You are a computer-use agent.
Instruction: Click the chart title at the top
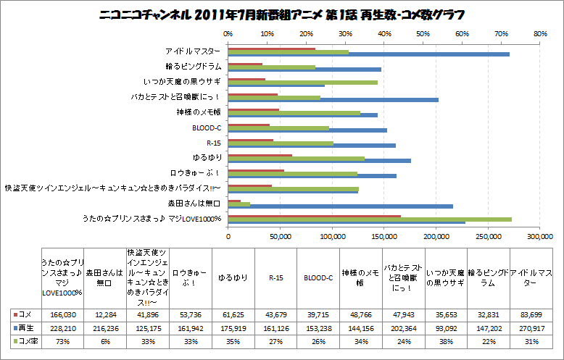click(281, 14)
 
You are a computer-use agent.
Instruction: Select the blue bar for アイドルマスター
click(368, 54)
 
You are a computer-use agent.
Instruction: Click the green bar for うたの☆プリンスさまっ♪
click(370, 219)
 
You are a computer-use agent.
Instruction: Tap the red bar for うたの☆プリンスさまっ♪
click(314, 215)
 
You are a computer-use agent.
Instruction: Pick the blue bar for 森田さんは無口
click(341, 206)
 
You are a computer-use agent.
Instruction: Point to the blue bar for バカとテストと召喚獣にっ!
click(333, 100)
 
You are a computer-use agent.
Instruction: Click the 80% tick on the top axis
click(539, 33)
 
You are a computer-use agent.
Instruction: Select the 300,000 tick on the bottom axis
click(539, 236)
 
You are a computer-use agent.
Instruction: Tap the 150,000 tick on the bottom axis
click(384, 236)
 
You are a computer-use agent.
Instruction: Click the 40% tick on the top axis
click(384, 33)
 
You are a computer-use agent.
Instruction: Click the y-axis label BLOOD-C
click(207, 127)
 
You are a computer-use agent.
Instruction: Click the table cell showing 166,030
click(61, 315)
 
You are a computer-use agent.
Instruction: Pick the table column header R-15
click(275, 277)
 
